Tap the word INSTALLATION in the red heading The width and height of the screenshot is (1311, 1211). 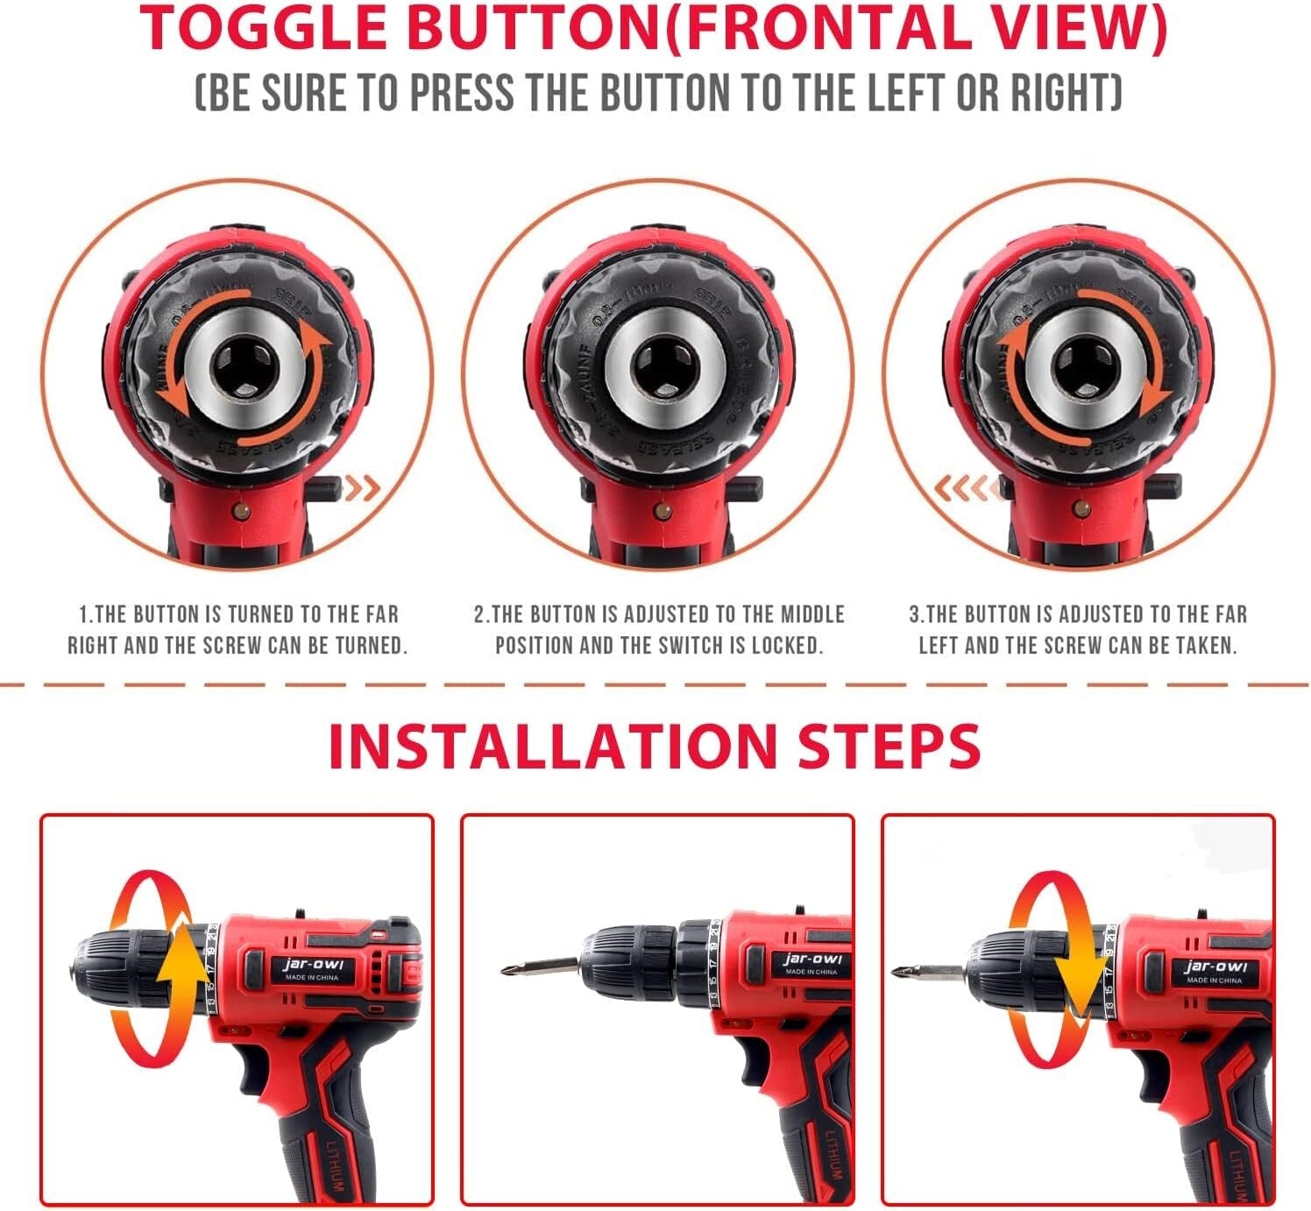pos(552,747)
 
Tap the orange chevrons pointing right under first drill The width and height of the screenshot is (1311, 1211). pos(362,487)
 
